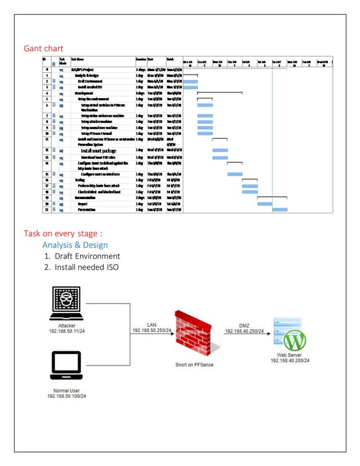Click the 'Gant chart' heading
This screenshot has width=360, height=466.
(x=43, y=49)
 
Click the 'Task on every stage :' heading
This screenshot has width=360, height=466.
(x=63, y=234)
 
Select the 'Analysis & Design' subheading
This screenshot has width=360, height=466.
(x=74, y=245)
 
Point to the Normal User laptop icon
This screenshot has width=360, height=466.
(x=67, y=367)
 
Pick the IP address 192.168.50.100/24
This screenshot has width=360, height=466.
(x=67, y=396)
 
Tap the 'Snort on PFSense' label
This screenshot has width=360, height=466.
(x=191, y=365)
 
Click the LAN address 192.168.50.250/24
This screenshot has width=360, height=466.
(x=152, y=329)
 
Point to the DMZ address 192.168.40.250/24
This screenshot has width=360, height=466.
(x=244, y=331)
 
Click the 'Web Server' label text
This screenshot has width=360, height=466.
(x=288, y=355)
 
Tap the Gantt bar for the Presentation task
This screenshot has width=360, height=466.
(x=280, y=210)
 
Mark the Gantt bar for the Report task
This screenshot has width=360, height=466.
(x=265, y=204)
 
